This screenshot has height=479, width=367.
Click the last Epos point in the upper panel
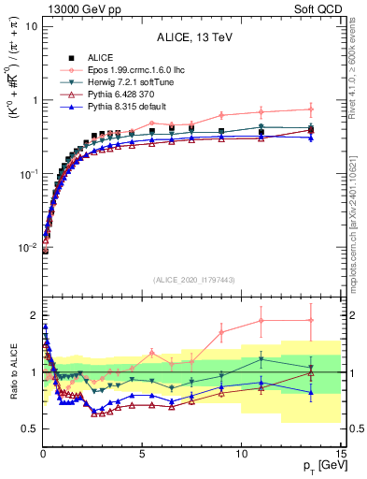311,109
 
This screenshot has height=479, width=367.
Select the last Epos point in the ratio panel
311,321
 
